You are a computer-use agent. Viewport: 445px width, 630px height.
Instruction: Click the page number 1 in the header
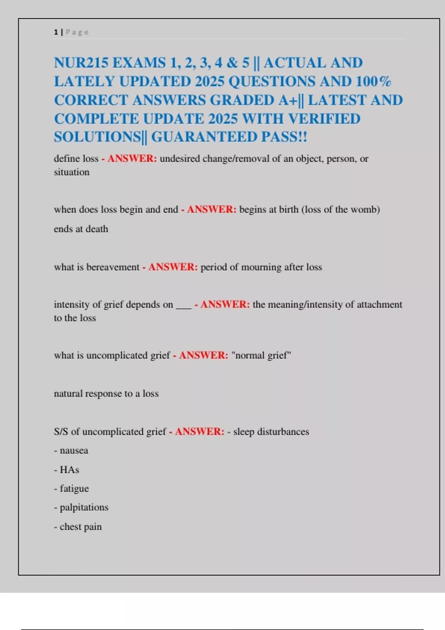pos(56,32)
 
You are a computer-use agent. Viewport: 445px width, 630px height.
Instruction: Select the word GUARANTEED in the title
pos(204,137)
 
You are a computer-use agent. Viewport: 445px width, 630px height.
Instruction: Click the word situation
pos(72,172)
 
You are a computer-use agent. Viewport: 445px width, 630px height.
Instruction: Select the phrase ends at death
pos(81,229)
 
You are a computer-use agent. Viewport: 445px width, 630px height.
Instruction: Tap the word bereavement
pos(113,267)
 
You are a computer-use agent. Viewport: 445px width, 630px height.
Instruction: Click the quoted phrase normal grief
pos(261,355)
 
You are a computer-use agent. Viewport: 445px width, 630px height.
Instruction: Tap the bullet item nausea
pos(73,451)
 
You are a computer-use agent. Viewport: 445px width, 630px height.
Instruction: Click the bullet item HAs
pos(69,470)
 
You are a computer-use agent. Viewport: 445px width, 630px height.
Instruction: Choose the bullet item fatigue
pos(74,489)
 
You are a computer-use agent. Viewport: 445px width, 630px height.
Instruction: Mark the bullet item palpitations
pos(83,507)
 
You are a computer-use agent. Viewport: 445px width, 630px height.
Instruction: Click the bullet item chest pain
pos(80,527)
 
